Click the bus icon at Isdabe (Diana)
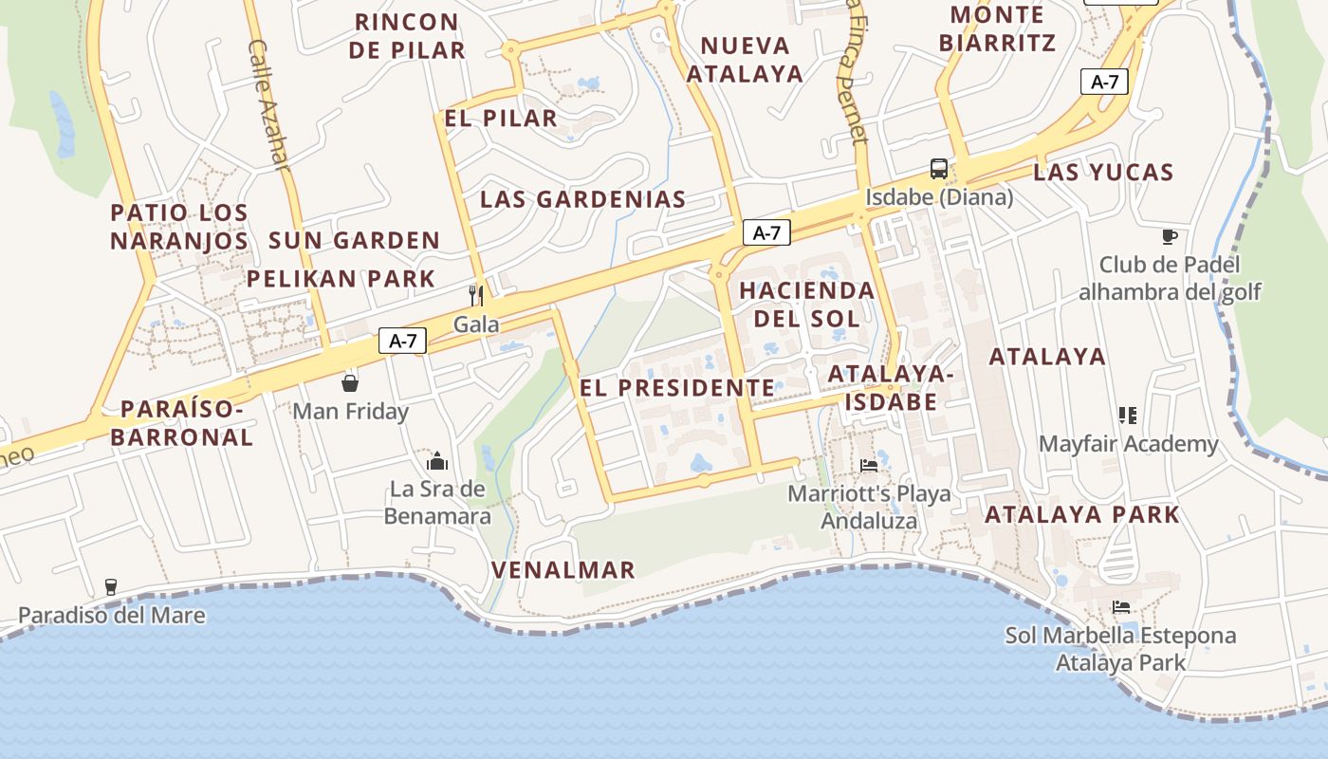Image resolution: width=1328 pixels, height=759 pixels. coord(939,169)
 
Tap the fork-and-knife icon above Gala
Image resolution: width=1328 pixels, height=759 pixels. coord(476,295)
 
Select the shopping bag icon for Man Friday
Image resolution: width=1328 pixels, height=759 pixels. coord(350,382)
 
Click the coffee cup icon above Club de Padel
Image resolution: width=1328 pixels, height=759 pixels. coord(1170,236)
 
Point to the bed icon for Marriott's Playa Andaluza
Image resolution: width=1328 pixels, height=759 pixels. coord(869,465)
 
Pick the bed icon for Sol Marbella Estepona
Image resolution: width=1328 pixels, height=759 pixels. coord(1121,606)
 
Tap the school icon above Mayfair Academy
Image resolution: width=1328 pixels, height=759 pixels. coord(1128,415)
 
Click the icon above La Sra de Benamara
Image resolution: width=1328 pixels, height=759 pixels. coord(437,461)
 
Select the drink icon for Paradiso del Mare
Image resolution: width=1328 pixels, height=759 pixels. coord(111,586)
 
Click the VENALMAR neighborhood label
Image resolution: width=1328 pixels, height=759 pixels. coord(563,569)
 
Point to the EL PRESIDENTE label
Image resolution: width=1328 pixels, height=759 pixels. coord(677,387)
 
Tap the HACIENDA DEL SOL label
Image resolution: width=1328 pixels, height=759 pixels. coord(806,304)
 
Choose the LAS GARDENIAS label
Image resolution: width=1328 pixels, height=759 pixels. coord(582,199)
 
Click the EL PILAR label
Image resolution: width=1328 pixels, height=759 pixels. coord(501,119)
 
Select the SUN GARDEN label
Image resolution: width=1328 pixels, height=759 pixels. coord(355,240)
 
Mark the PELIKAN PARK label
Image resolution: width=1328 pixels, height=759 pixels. coord(341,279)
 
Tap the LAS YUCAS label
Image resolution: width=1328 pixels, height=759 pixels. coord(1103,173)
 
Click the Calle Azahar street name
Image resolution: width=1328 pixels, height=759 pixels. coord(267,104)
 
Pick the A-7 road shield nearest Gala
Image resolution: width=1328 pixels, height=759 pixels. coord(403,341)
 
